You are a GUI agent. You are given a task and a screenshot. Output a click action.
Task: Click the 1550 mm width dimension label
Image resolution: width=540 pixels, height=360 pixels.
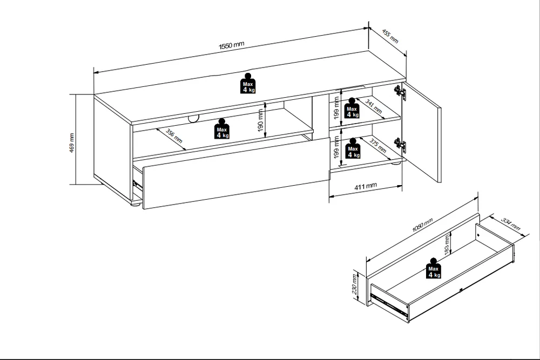[232, 45]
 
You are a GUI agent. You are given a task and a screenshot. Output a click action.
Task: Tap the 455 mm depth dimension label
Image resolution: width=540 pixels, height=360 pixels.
[390, 37]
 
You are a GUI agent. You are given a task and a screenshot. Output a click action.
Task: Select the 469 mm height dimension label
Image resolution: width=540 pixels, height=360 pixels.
[72, 143]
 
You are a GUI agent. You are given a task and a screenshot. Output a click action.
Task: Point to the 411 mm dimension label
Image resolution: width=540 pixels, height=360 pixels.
[366, 187]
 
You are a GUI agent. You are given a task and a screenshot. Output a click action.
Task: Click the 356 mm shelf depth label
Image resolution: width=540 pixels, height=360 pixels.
[174, 137]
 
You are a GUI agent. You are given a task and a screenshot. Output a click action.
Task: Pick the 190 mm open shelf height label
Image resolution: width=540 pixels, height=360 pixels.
[260, 121]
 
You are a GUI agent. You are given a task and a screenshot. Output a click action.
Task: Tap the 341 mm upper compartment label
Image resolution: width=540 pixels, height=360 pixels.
[374, 107]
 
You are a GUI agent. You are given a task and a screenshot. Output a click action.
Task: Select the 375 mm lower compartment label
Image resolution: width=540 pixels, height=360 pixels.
[378, 145]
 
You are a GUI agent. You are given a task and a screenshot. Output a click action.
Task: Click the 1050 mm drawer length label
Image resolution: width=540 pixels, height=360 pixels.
[422, 225]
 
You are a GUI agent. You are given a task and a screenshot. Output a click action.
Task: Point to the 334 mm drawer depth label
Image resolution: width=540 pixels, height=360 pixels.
[510, 224]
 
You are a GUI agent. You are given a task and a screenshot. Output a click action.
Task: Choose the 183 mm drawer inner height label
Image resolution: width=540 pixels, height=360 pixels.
[447, 245]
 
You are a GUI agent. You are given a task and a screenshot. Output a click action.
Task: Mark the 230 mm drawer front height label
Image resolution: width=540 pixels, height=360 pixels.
[354, 284]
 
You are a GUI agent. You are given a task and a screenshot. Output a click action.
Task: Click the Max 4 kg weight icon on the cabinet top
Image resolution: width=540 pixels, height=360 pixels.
[248, 83]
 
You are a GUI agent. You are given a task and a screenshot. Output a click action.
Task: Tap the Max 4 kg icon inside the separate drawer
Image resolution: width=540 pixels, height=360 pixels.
[433, 268]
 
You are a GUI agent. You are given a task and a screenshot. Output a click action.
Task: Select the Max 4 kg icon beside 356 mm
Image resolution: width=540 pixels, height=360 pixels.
[221, 128]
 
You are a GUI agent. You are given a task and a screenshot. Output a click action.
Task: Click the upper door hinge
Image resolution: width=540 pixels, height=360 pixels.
[400, 92]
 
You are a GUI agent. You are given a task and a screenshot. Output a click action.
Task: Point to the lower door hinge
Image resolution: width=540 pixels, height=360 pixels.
[400, 145]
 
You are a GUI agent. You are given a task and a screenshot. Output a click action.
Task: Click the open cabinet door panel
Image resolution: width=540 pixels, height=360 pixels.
[422, 132]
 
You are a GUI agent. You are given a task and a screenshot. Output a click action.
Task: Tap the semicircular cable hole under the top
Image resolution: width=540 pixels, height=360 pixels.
[193, 119]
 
